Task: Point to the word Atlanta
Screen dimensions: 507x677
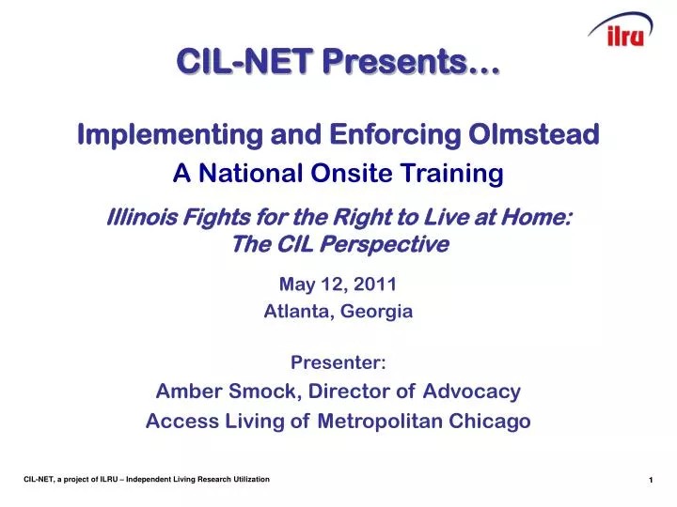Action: (x=295, y=312)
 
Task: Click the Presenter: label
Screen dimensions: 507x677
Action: (x=338, y=362)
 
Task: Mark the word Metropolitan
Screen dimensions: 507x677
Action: (x=373, y=422)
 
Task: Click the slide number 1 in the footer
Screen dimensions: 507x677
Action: (x=650, y=481)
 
